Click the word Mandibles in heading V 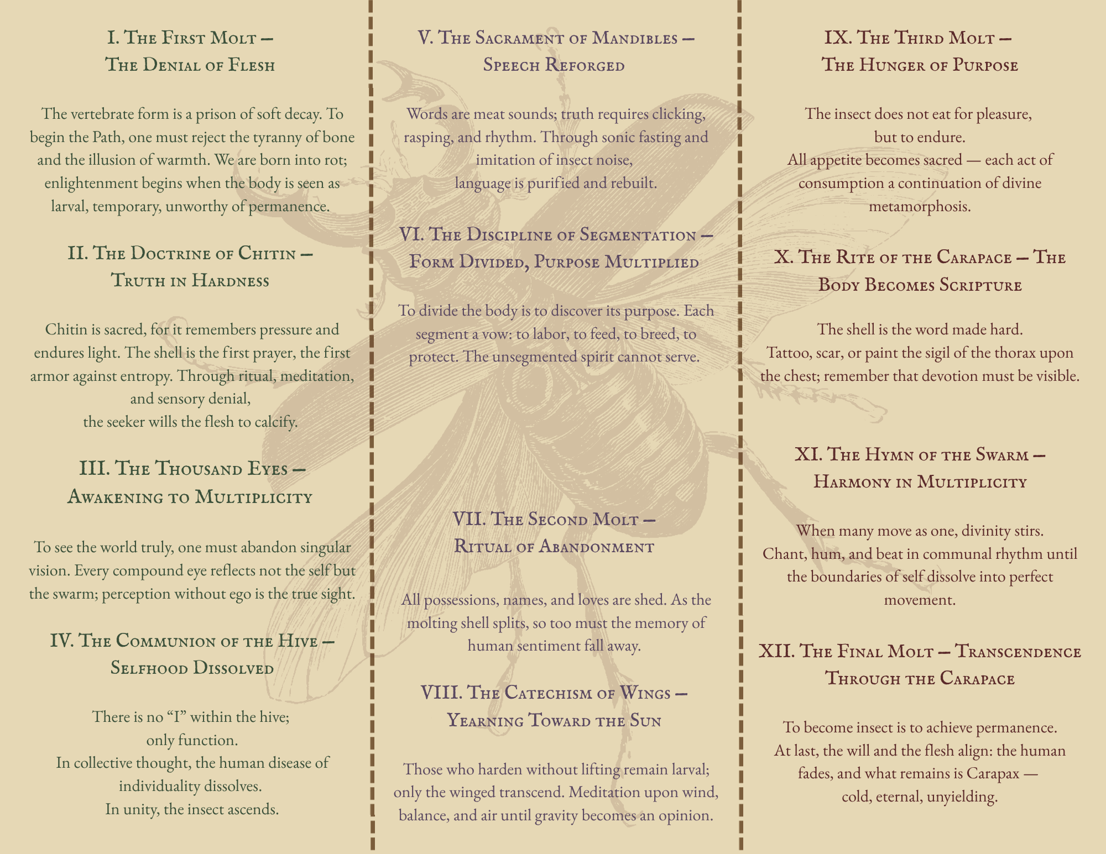pos(635,38)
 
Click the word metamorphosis pos(920,206)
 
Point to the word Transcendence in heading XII pos(1018,651)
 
